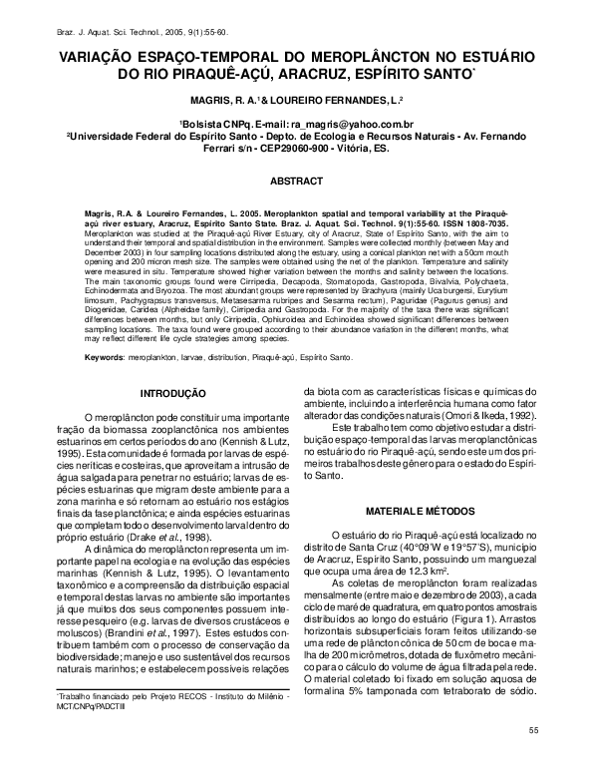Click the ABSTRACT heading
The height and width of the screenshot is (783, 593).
[x=296, y=182]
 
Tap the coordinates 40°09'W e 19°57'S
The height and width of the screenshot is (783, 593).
[x=443, y=548]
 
